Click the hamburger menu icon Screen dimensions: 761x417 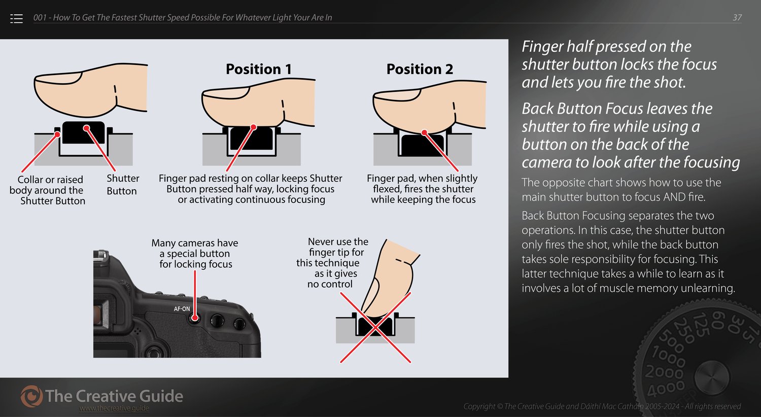pos(16,18)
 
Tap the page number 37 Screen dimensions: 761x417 pos(737,17)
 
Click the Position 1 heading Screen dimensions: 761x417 pos(259,69)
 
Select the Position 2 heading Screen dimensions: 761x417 pos(420,69)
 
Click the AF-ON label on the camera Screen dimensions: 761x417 pos(182,308)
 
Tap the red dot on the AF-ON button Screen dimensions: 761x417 pos(195,318)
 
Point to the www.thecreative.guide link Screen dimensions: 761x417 pos(114,408)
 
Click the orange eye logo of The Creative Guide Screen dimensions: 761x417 pos(31,396)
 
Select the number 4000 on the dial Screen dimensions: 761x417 pos(666,389)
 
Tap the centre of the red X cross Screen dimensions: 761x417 pos(375,327)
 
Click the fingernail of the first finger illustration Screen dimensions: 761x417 pos(58,78)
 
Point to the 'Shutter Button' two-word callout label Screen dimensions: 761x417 pos(123,184)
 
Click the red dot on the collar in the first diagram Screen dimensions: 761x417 pos(57,134)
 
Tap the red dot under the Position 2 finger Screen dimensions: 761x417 pos(424,132)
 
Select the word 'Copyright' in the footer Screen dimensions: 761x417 pos(479,406)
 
